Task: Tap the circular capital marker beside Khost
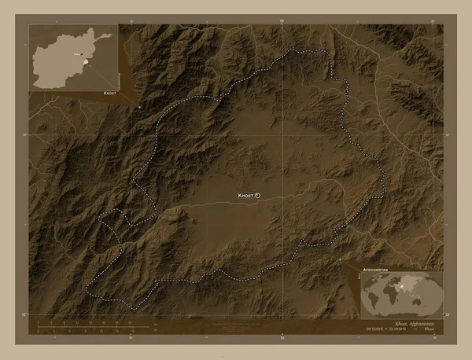pyautogui.click(x=258, y=195)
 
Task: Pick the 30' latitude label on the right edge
pyautogui.click(x=448, y=135)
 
